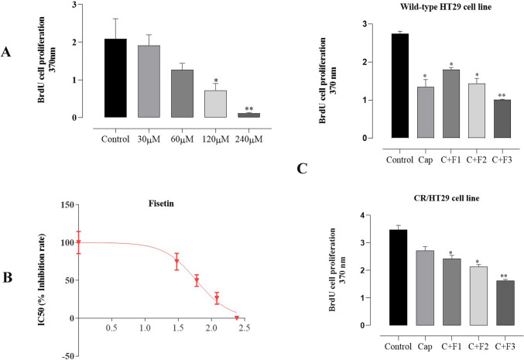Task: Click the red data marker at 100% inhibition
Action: pos(78,242)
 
